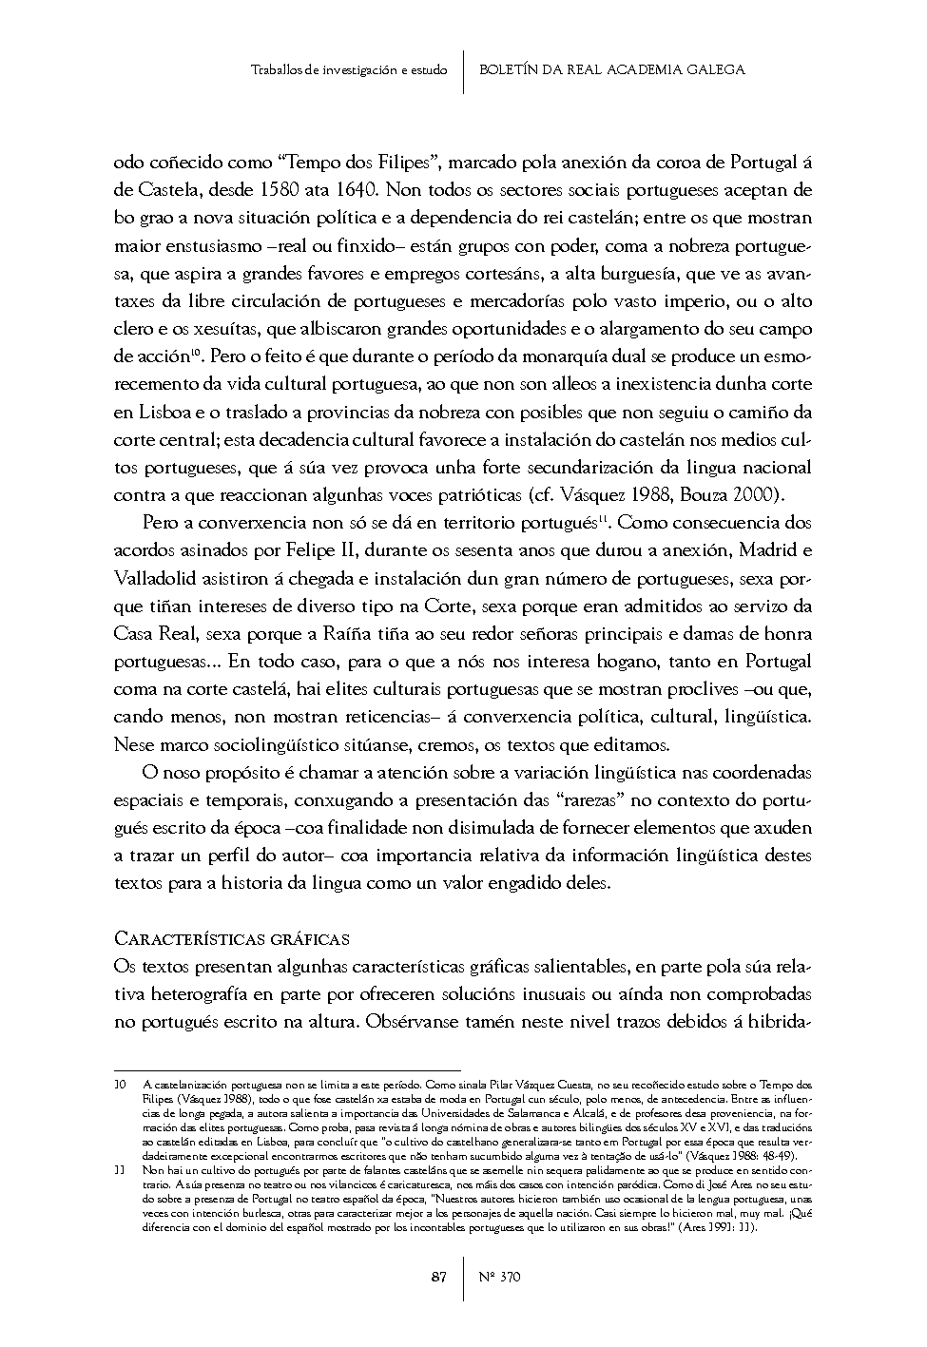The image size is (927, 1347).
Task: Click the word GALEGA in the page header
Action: click(x=716, y=69)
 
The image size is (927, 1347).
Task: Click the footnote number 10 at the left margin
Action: click(x=120, y=1084)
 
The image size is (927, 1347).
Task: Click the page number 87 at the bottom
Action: click(x=439, y=1277)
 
